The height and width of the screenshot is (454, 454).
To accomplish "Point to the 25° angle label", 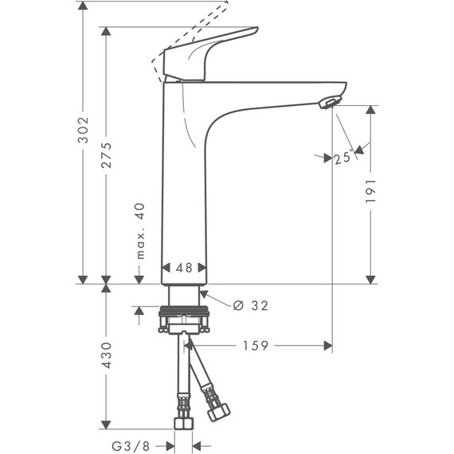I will coord(342,159).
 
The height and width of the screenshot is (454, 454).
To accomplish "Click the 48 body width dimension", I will coord(184,268).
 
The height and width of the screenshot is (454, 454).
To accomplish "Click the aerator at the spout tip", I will coord(328,103).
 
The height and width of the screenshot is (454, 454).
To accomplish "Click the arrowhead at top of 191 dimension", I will coord(370,112).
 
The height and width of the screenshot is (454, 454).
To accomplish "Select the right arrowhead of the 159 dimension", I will coord(327,345).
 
